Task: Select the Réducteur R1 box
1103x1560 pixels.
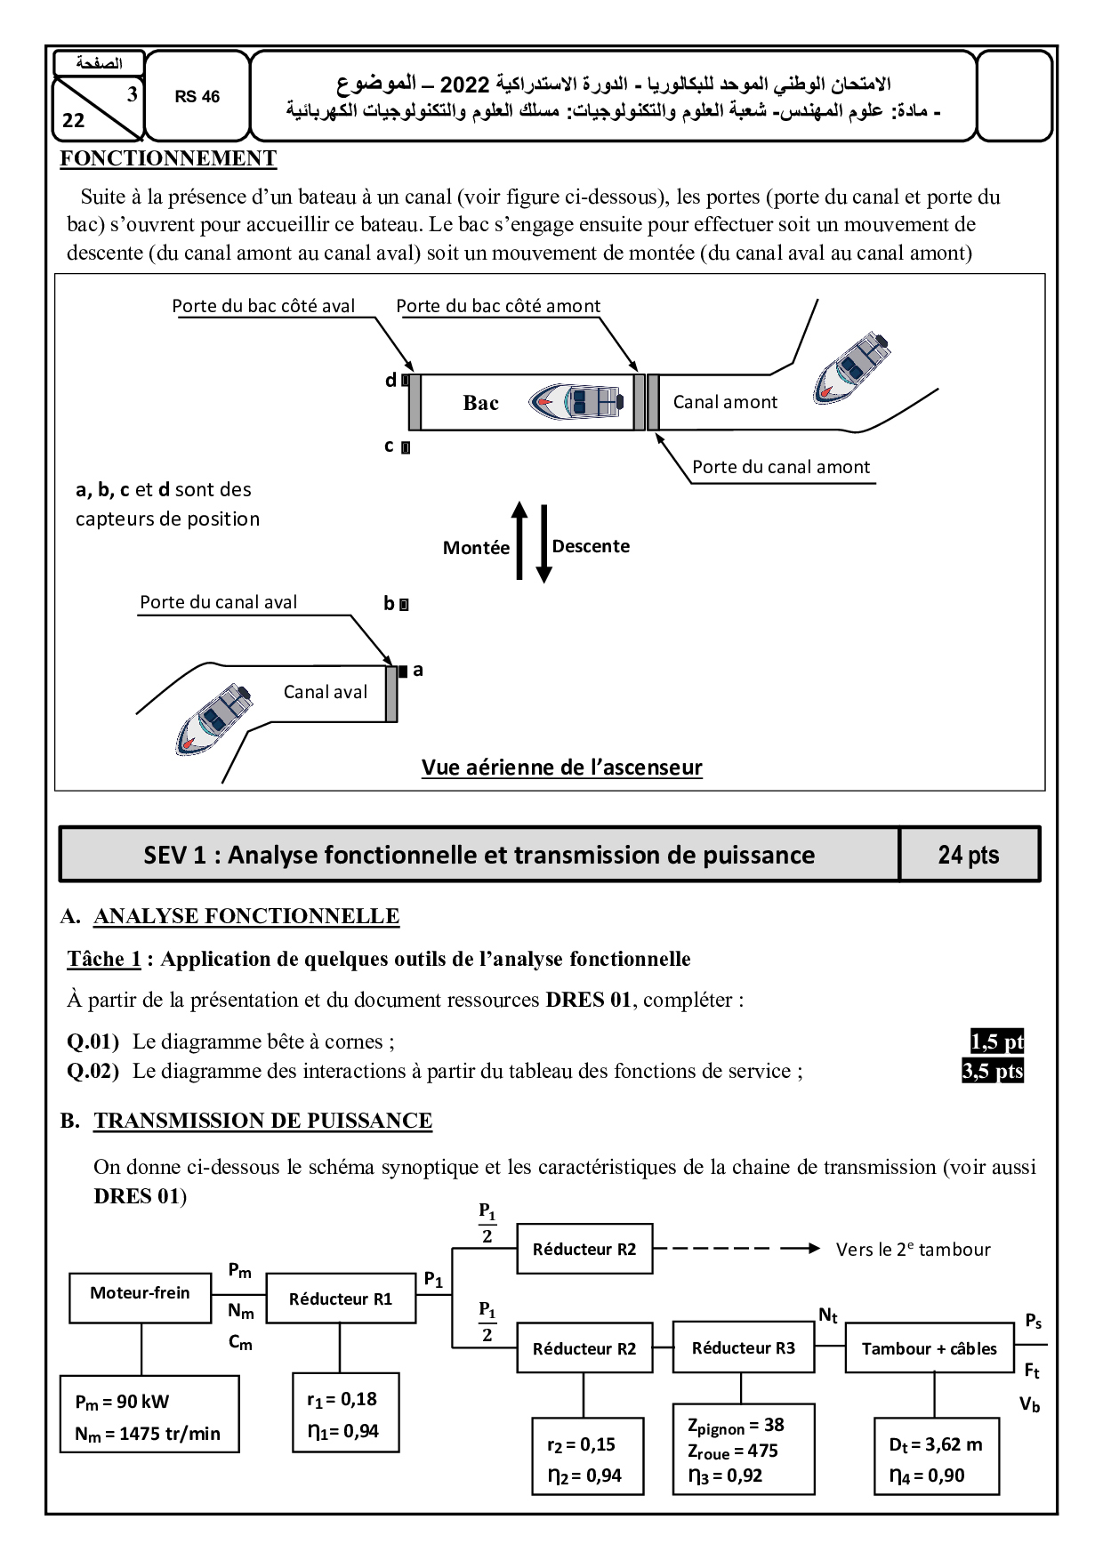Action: (x=341, y=1299)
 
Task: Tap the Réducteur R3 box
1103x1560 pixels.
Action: (x=744, y=1348)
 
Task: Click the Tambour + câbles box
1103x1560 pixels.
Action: (x=929, y=1348)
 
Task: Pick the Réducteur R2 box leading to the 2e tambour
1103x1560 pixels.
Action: (x=584, y=1249)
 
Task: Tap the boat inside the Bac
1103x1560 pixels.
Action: (x=576, y=401)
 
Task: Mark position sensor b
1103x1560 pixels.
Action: (x=404, y=605)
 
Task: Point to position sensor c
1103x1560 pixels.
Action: (x=406, y=447)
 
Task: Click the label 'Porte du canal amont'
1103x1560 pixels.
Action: (x=781, y=468)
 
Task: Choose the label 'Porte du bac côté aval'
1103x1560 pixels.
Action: (x=263, y=306)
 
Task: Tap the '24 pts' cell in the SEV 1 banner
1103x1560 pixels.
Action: (x=969, y=855)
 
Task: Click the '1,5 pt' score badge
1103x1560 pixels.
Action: (x=996, y=1041)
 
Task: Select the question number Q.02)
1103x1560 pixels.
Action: (x=93, y=1071)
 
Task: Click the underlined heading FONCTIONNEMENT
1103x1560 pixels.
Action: (x=168, y=158)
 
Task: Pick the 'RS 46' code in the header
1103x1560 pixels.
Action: (x=197, y=97)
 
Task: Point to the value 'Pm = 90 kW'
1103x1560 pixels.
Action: (x=122, y=1402)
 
